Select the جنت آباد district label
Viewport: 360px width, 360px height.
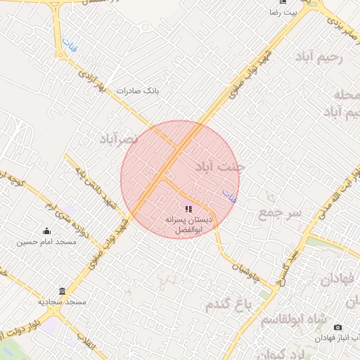[219, 167]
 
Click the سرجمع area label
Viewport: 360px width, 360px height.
[279, 212]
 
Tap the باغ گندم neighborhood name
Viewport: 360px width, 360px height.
[229, 305]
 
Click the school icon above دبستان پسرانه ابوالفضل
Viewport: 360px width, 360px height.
[188, 209]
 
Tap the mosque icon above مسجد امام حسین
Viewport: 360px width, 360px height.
[47, 231]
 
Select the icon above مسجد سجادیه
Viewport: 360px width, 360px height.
[63, 291]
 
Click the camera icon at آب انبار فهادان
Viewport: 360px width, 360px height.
[337, 328]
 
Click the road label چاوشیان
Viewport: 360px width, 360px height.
[243, 260]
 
